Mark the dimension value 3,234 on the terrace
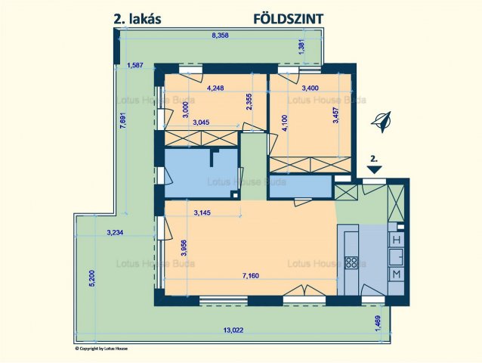click(x=118, y=232)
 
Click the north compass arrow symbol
click(x=384, y=121)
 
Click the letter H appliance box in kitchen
click(x=397, y=240)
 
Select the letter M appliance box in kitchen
click(x=397, y=274)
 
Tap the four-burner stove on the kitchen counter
click(x=351, y=264)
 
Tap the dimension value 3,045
click(x=202, y=122)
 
